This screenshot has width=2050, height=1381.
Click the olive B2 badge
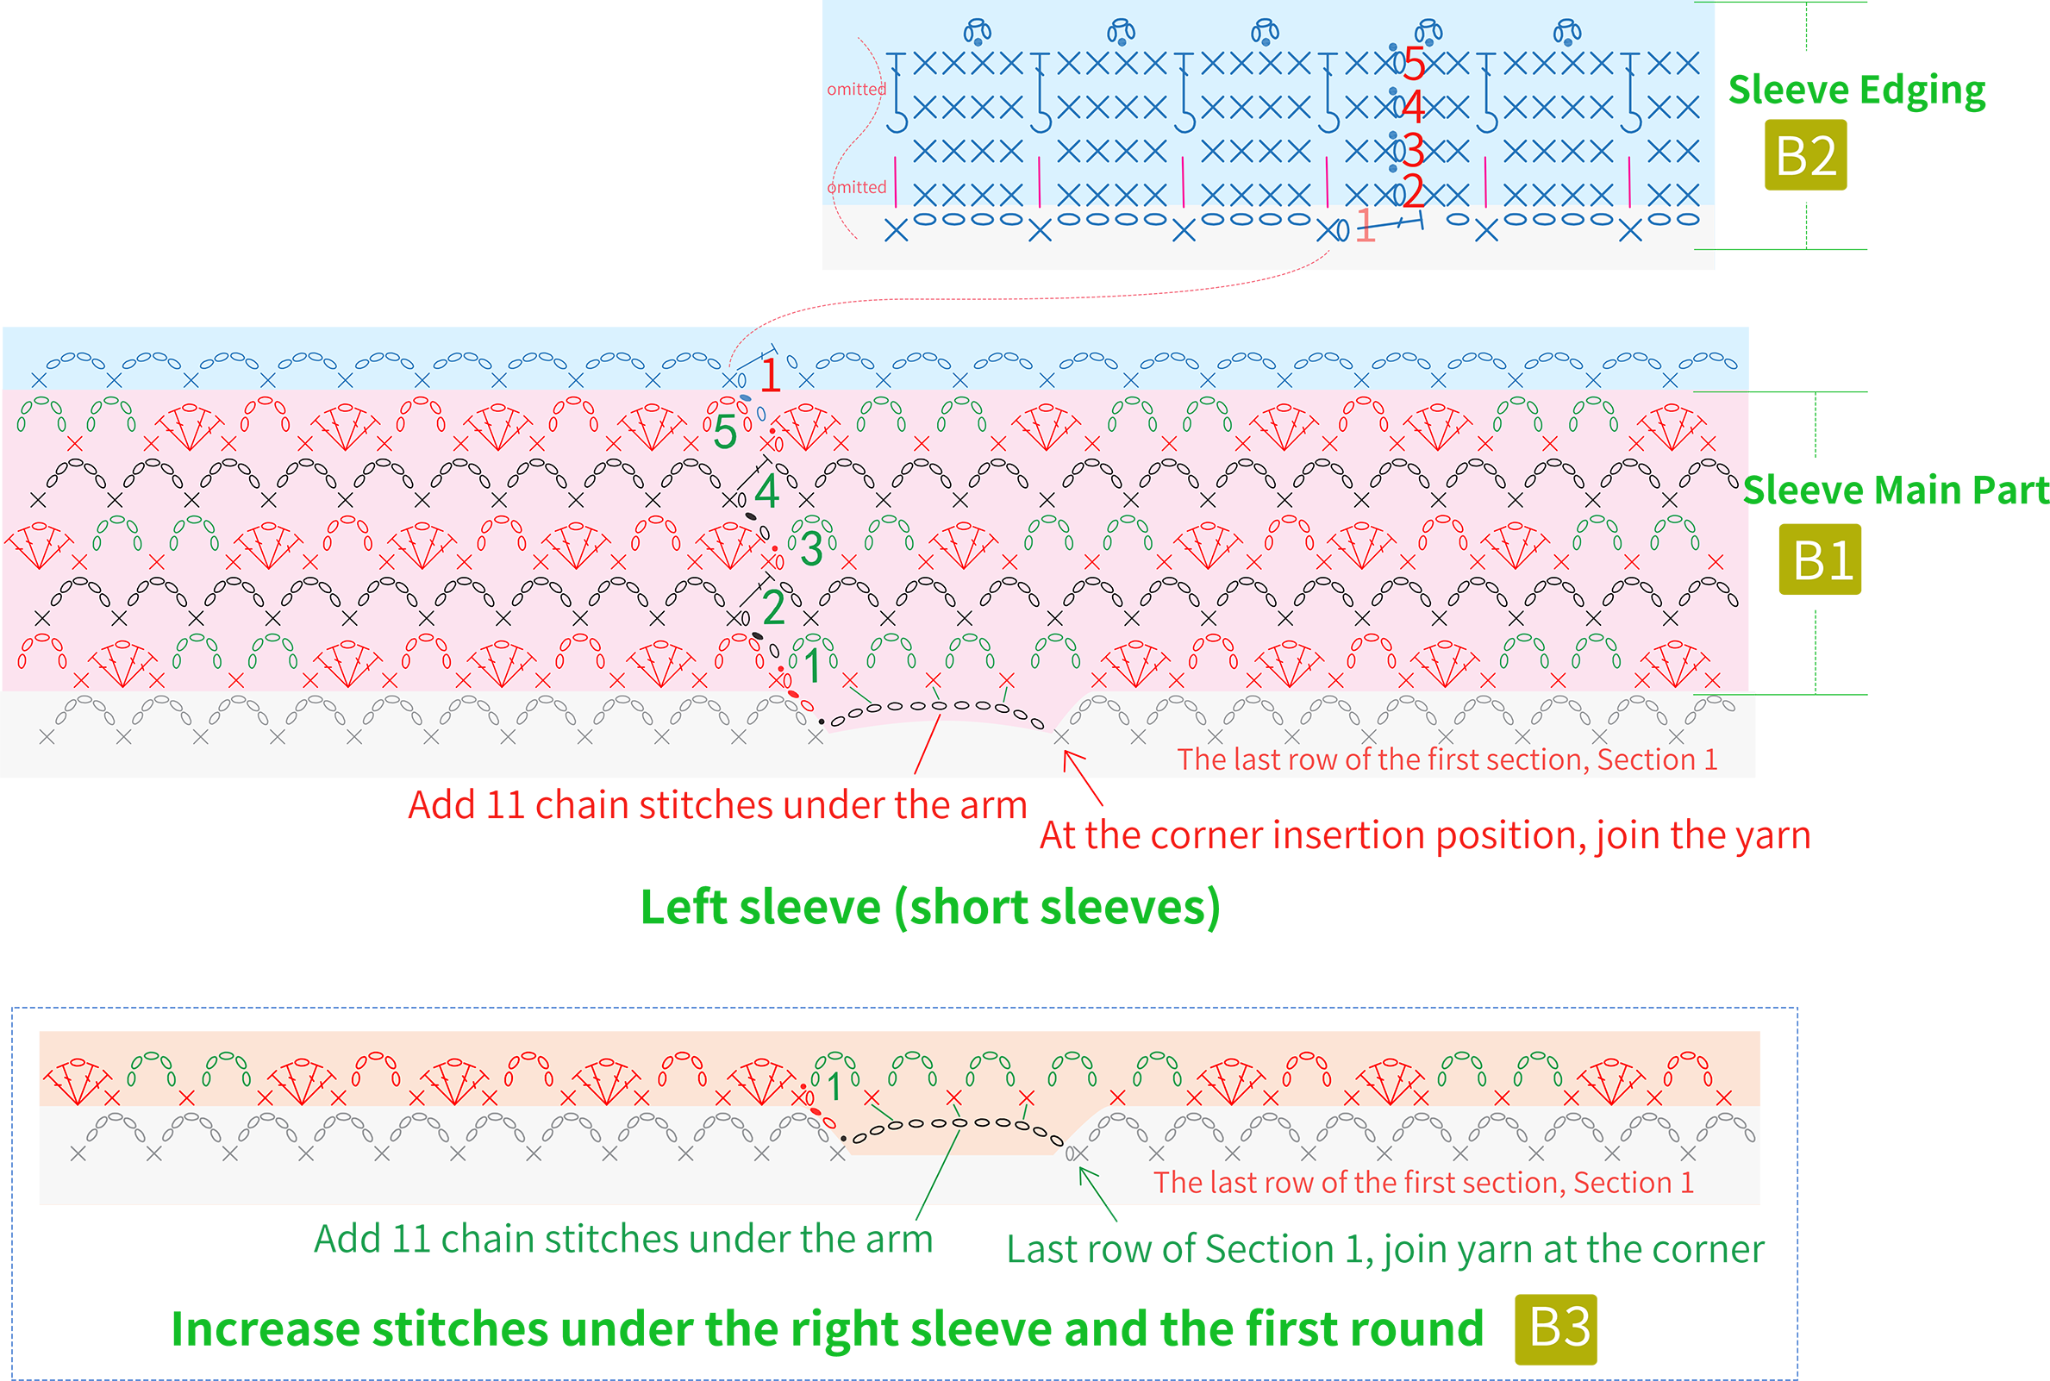(1805, 155)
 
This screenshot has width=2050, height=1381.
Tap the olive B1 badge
(1819, 559)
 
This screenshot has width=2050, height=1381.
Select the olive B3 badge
(1556, 1329)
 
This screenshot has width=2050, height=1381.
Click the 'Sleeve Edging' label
(1856, 91)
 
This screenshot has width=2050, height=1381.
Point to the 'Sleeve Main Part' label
(1896, 490)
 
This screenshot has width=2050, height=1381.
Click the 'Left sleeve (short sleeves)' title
(930, 907)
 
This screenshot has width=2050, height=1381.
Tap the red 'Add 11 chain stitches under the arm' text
(718, 804)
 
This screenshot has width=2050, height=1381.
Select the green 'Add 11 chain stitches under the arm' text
(623, 1238)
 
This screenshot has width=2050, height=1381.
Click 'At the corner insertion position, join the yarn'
(1425, 835)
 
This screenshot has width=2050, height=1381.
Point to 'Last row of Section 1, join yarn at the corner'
(1385, 1249)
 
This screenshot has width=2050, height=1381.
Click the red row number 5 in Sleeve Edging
(1413, 64)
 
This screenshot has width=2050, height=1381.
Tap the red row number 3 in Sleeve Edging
(1413, 151)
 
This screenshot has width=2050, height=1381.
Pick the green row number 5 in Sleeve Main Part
(725, 432)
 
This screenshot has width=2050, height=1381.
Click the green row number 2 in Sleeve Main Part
(773, 607)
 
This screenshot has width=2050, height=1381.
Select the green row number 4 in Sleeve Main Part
(767, 491)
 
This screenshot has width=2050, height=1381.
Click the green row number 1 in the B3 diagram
(834, 1087)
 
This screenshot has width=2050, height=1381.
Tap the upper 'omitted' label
(856, 89)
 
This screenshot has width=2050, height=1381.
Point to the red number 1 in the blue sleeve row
(771, 374)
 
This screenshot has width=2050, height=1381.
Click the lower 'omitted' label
(856, 187)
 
